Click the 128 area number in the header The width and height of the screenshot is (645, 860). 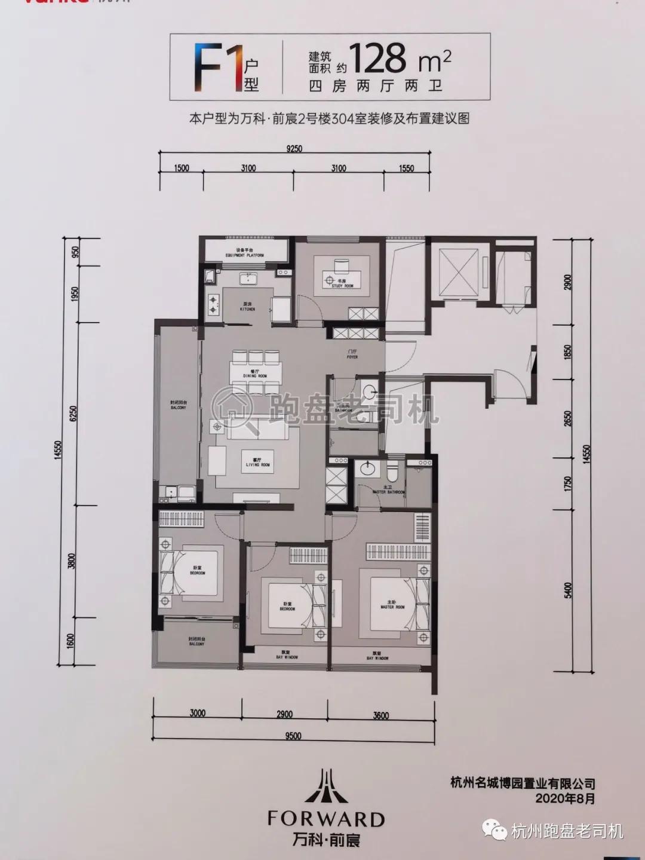pyautogui.click(x=378, y=59)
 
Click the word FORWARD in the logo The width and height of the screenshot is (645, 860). pyautogui.click(x=325, y=818)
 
